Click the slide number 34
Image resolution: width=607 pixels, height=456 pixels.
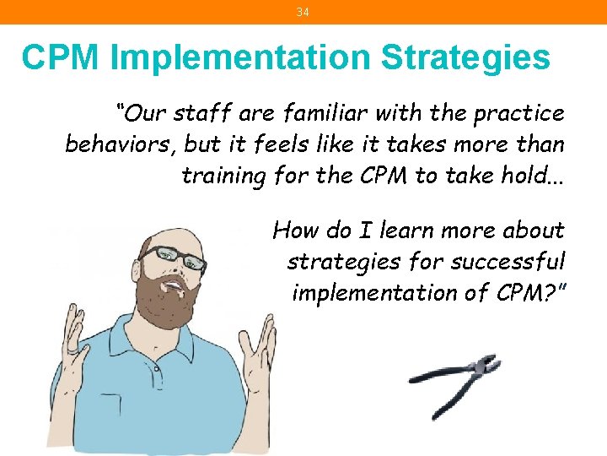pyautogui.click(x=303, y=12)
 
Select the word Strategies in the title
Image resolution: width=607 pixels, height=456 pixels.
pyautogui.click(x=465, y=58)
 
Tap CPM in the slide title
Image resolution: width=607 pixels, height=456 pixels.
pyautogui.click(x=62, y=58)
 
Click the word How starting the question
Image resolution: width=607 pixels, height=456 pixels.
pyautogui.click(x=295, y=230)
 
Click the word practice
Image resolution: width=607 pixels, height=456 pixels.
pyautogui.click(x=518, y=112)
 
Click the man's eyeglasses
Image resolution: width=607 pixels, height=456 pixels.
pyautogui.click(x=173, y=258)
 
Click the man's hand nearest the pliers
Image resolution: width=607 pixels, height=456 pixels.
pyautogui.click(x=266, y=345)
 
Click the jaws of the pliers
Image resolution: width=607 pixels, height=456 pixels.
pyautogui.click(x=486, y=366)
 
